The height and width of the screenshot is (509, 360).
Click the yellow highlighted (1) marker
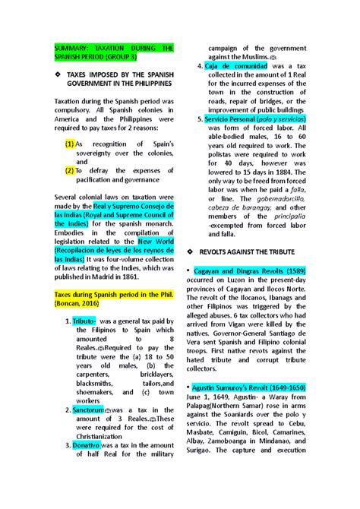tap(70, 144)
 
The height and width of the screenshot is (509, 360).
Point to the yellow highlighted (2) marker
tap(70, 171)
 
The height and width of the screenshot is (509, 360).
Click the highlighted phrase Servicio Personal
tap(229, 119)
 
